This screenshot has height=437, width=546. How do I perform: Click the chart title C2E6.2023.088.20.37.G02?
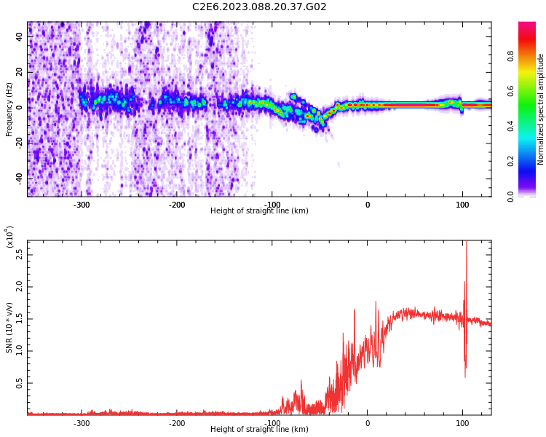[259, 7]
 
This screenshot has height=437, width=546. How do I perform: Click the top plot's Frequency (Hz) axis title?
[9, 109]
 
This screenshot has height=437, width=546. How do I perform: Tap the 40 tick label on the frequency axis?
[20, 37]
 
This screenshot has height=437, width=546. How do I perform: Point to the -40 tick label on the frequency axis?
[18, 178]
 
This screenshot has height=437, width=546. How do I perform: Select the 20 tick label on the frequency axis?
[20, 72]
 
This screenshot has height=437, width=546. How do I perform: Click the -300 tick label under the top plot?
[82, 205]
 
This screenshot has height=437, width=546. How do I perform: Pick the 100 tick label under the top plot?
[462, 205]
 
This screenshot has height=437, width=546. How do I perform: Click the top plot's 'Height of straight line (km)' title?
[259, 211]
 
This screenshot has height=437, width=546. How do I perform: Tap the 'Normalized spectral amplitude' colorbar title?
[541, 109]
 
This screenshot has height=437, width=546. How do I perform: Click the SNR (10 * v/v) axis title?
[9, 327]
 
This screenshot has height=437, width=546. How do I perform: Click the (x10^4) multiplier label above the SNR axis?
[9, 237]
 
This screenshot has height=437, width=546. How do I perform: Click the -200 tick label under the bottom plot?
[177, 423]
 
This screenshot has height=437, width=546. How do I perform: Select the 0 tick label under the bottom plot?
[367, 423]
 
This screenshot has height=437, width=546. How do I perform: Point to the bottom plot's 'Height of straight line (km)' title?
[259, 430]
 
